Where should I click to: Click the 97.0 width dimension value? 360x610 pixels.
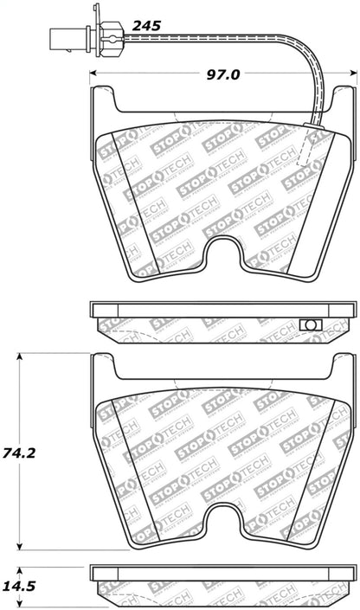pos(222,76)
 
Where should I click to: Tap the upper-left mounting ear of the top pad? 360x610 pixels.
pos(101,104)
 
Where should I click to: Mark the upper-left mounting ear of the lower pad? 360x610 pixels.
pos(101,372)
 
